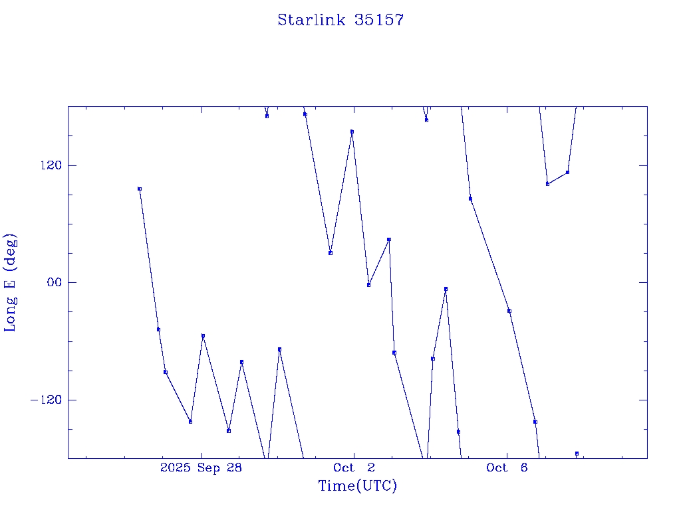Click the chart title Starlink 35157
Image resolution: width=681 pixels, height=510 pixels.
click(340, 20)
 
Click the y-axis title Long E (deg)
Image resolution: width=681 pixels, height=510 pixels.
click(11, 282)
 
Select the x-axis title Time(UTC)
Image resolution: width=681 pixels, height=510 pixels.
click(357, 486)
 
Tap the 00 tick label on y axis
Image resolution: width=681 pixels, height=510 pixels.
click(54, 282)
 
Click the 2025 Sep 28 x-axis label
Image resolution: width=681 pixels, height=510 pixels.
click(201, 468)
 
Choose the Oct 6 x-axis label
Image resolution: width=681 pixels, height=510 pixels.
click(507, 468)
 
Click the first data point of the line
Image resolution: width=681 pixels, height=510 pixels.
click(140, 189)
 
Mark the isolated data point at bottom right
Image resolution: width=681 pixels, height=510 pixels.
click(577, 454)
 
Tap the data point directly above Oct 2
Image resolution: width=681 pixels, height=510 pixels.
click(352, 131)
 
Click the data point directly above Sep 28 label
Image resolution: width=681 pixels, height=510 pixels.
click(203, 336)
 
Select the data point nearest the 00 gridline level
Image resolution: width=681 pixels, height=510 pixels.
click(368, 285)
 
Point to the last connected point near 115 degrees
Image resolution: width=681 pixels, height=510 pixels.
click(567, 173)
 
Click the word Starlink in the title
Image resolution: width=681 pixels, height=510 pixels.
click(311, 20)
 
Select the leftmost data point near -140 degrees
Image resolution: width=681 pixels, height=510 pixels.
click(190, 422)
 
